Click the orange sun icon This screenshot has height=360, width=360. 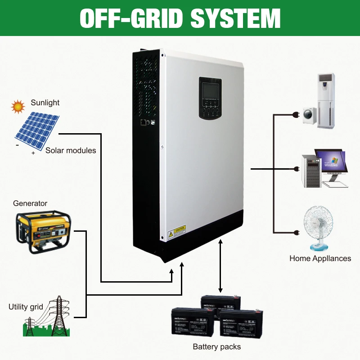pyautogui.click(x=18, y=106)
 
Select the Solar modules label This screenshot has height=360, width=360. pyautogui.click(x=71, y=150)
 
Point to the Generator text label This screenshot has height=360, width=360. pyautogui.click(x=30, y=203)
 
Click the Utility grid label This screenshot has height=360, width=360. pyautogui.click(x=26, y=307)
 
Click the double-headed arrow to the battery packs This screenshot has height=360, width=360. pyautogui.click(x=220, y=266)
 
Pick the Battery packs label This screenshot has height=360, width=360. pyautogui.click(x=216, y=346)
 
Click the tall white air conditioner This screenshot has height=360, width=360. pyautogui.click(x=327, y=101)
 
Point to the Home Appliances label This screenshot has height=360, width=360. pyautogui.click(x=320, y=258)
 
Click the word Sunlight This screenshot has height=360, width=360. pyautogui.click(x=45, y=103)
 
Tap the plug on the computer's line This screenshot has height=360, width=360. pyautogui.click(x=296, y=169)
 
